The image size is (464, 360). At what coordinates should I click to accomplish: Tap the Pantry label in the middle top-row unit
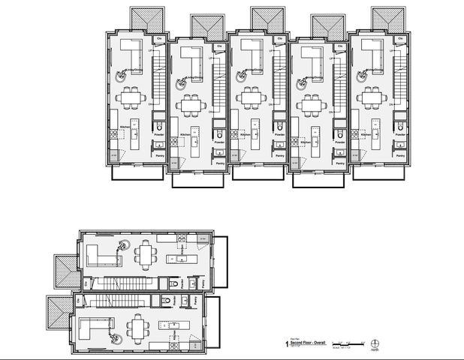[280, 155]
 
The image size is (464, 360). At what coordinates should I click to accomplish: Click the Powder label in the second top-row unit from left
[219, 142]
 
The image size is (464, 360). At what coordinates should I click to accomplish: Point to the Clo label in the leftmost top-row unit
[158, 39]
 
